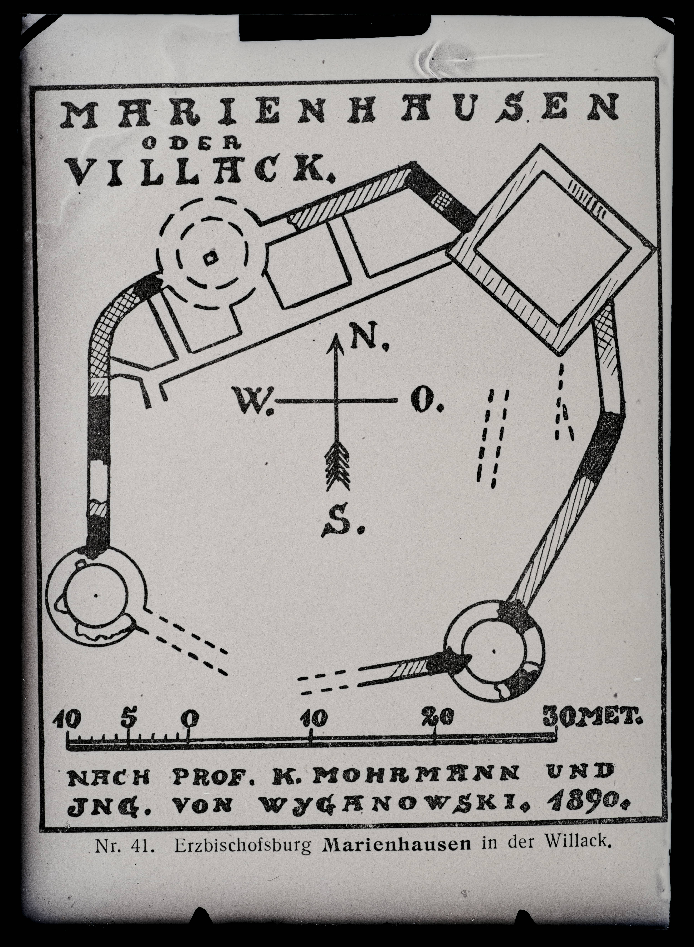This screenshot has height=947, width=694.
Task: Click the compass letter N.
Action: click(360, 336)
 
